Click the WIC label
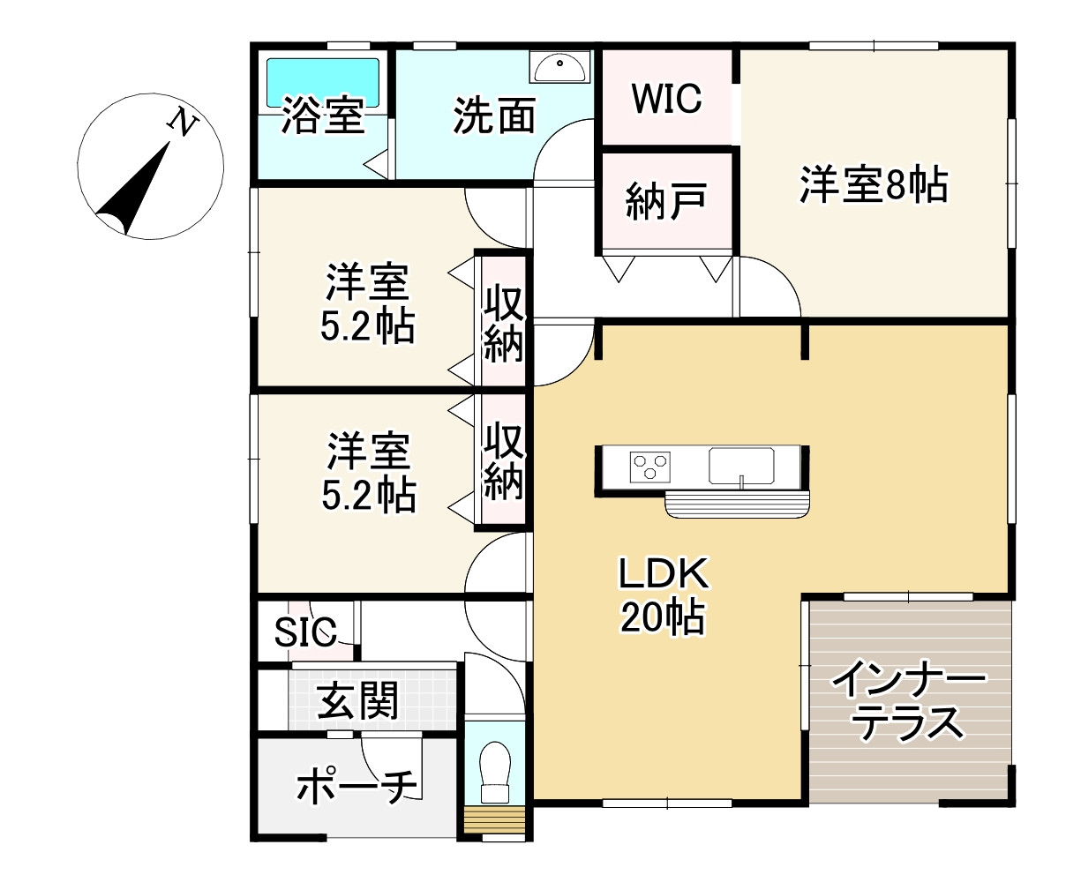[666, 98]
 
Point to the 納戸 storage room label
[666, 201]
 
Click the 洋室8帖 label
[874, 186]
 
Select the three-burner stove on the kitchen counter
[649, 465]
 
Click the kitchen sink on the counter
[741, 465]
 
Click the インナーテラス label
[909, 703]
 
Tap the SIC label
[305, 632]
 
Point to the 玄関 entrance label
[358, 701]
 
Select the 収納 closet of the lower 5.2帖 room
[503, 460]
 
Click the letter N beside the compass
[183, 123]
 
